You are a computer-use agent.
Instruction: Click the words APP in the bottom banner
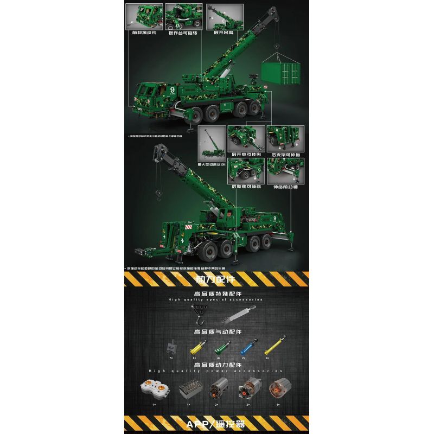click(202, 423)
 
